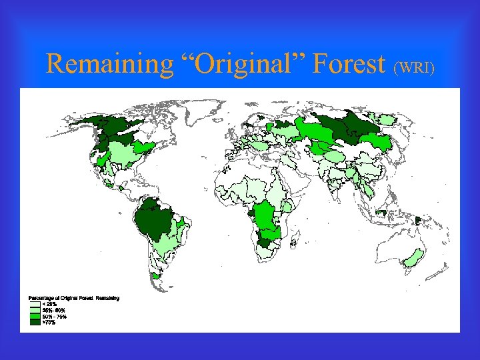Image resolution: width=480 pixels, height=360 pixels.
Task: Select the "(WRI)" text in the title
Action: point(415,67)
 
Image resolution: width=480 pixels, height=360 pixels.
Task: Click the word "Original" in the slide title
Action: point(240,64)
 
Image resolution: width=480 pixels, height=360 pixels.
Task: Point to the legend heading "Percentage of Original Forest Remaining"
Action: point(73,297)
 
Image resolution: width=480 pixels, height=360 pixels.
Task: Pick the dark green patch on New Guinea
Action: point(419,220)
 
